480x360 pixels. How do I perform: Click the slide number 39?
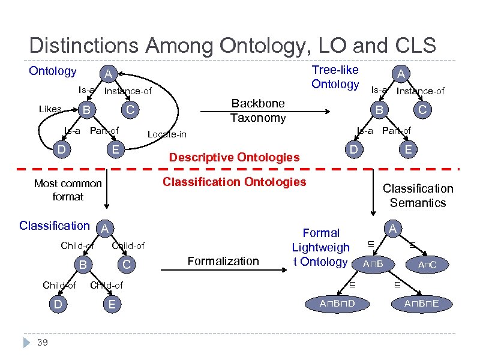click(42, 343)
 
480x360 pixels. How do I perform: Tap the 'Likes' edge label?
click(50, 109)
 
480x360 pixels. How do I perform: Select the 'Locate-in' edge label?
click(167, 134)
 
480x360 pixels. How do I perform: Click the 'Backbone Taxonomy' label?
click(259, 110)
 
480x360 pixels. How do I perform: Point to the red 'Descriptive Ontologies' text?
click(235, 157)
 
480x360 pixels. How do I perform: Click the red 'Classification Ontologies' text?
click(235, 181)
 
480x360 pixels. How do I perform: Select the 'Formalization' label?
click(223, 260)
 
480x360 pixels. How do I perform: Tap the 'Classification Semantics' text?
click(418, 196)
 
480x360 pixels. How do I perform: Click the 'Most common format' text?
click(68, 190)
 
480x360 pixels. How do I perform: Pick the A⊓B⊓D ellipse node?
click(337, 304)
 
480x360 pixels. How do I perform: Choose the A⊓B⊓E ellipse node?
click(421, 304)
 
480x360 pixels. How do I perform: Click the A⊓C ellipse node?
click(427, 265)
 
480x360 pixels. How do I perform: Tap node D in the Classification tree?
click(58, 305)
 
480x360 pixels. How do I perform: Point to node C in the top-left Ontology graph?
click(130, 110)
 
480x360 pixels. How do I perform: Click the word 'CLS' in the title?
click(413, 45)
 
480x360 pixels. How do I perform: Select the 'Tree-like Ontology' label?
click(335, 77)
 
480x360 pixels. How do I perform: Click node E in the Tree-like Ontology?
click(407, 149)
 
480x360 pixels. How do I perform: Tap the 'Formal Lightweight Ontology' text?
click(321, 247)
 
